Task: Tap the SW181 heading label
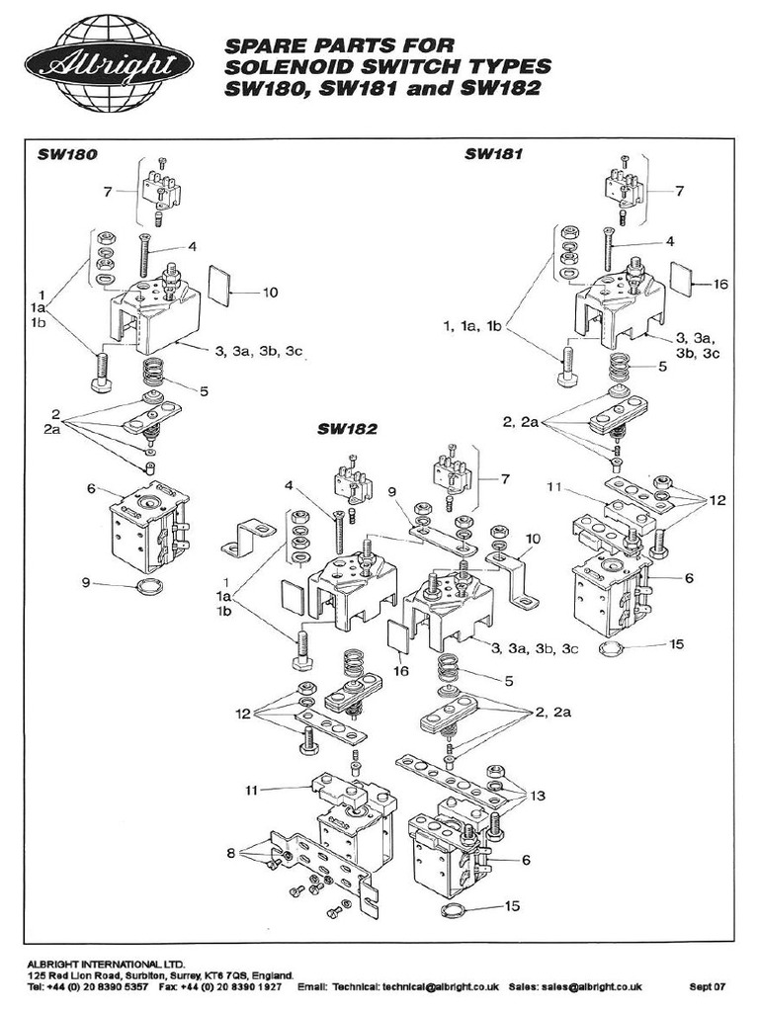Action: click(x=493, y=154)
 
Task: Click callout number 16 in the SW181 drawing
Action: click(x=719, y=284)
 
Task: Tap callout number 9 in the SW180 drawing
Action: click(x=88, y=582)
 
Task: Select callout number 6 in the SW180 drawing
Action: click(x=91, y=488)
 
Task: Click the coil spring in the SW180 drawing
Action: click(x=152, y=375)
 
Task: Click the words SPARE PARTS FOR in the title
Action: click(x=326, y=45)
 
